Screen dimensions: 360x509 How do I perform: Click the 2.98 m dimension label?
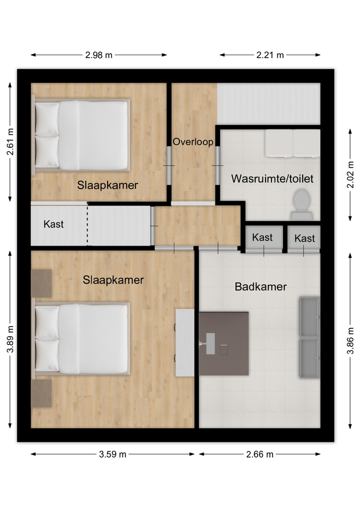click(x=99, y=55)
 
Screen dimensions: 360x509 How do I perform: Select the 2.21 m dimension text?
click(x=270, y=55)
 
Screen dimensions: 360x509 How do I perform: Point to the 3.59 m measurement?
click(x=112, y=454)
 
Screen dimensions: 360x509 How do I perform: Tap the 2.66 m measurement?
click(x=260, y=454)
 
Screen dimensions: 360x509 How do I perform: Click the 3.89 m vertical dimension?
click(x=11, y=339)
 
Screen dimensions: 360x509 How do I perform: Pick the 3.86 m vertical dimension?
click(x=350, y=340)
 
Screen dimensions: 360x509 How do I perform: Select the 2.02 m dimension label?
click(x=350, y=174)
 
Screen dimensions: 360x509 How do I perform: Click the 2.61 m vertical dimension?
click(x=11, y=142)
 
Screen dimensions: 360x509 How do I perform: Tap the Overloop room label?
click(x=193, y=142)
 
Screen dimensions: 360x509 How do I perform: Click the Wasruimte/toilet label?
click(x=272, y=179)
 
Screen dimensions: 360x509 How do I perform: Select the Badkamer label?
click(x=261, y=287)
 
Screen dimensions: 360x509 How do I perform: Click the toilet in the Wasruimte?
click(x=302, y=205)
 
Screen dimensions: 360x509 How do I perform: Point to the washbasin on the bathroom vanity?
click(x=210, y=344)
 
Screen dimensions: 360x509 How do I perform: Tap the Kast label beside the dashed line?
click(x=54, y=224)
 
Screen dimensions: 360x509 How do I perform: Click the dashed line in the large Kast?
click(x=87, y=224)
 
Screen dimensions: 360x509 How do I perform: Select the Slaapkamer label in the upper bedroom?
click(x=108, y=185)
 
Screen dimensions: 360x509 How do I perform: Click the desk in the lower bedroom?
click(x=185, y=343)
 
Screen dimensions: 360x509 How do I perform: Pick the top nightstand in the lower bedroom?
click(x=41, y=283)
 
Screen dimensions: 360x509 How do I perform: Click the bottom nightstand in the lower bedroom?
click(x=41, y=393)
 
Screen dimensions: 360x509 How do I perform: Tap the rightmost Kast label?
click(x=304, y=239)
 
